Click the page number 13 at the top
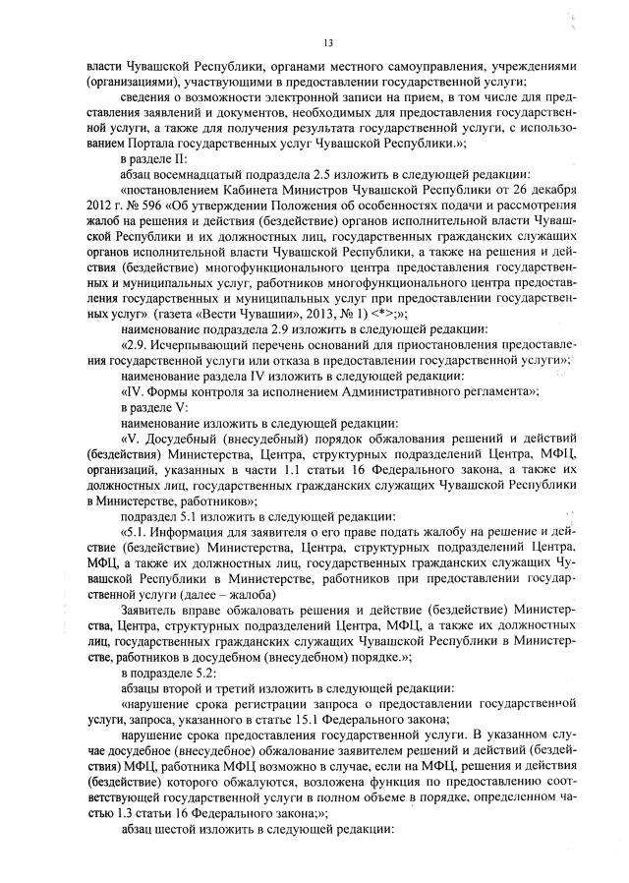click(x=328, y=41)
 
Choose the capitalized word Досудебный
click(x=186, y=433)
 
